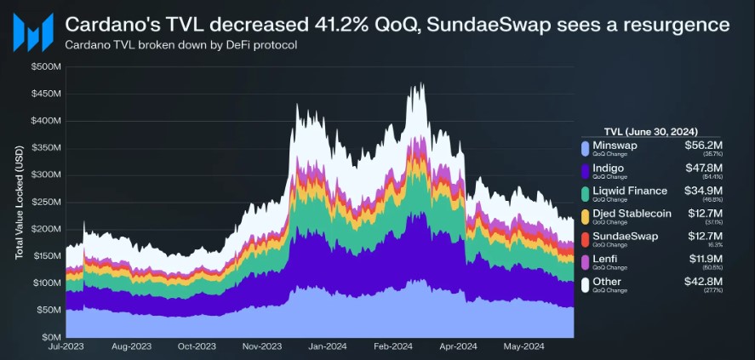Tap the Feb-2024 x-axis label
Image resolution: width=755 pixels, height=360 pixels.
pyautogui.click(x=393, y=347)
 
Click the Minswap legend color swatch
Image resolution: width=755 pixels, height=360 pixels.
pyautogui.click(x=585, y=149)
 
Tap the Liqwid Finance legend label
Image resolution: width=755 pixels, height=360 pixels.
pyautogui.click(x=631, y=191)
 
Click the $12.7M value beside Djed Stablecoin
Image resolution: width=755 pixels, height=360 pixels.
pyautogui.click(x=703, y=214)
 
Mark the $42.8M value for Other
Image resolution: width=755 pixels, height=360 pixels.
pyautogui.click(x=702, y=282)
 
